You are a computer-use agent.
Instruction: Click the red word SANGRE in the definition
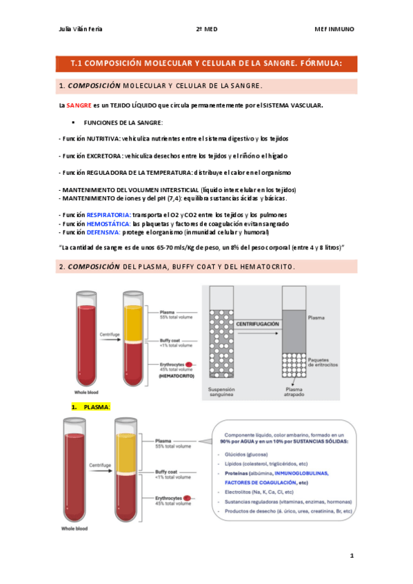pos(79,105)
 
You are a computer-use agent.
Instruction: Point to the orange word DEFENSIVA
pos(103,233)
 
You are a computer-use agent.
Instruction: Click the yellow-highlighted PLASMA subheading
pos(97,407)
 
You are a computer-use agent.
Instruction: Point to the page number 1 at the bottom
pos(352,554)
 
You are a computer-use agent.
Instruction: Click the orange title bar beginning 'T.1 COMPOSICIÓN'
pos(207,64)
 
